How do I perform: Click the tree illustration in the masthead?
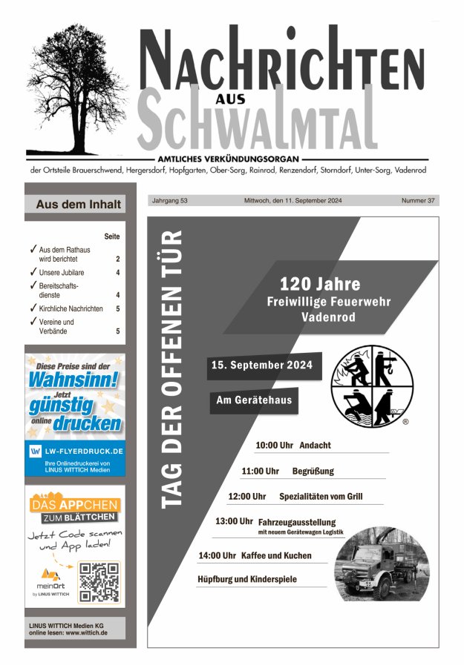(76, 89)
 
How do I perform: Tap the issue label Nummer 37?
(417, 200)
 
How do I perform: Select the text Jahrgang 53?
(170, 200)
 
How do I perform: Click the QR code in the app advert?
(99, 581)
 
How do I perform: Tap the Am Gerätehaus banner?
(253, 400)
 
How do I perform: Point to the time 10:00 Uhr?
(274, 446)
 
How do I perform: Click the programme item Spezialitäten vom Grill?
(321, 496)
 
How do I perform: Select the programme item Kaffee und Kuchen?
(276, 555)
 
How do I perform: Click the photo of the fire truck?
(382, 563)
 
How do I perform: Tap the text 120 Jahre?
(320, 284)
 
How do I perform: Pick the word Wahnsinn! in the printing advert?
(74, 380)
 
